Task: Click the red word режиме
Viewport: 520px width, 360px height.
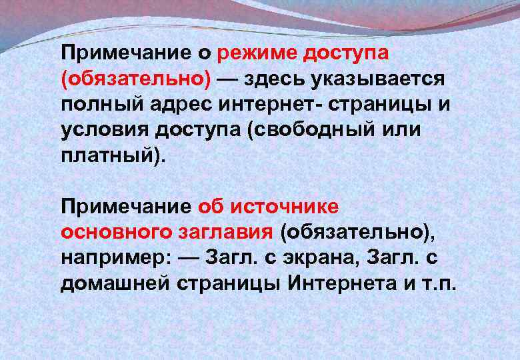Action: point(261,53)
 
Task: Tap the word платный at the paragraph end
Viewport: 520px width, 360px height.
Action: point(109,155)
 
